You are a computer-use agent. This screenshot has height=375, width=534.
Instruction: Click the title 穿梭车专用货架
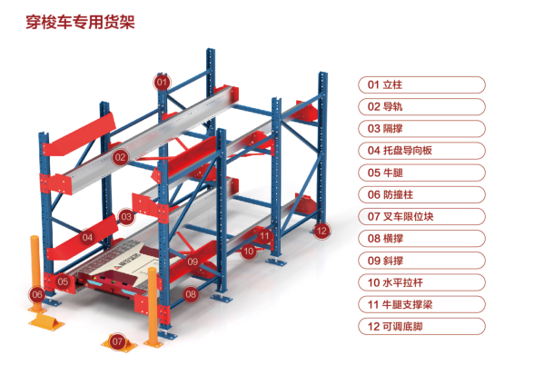point(80,22)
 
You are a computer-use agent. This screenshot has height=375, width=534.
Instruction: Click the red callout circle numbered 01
point(162,82)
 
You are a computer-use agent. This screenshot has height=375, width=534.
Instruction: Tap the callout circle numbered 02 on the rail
point(120,157)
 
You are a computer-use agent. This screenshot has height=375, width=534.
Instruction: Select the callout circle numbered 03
point(126,217)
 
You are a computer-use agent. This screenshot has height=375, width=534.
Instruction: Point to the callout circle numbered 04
point(87,237)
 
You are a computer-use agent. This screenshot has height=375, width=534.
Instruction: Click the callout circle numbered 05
point(63,281)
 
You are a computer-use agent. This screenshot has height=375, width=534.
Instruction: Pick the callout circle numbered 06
point(37,294)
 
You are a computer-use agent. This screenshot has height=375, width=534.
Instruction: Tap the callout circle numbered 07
point(117,341)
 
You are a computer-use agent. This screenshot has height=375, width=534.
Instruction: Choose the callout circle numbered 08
point(191,293)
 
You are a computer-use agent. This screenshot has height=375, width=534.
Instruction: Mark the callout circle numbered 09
point(193,262)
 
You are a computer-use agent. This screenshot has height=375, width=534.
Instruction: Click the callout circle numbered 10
point(249,252)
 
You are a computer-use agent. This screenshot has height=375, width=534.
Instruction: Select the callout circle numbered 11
point(264,236)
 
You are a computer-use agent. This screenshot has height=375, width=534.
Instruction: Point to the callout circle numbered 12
point(321,231)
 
